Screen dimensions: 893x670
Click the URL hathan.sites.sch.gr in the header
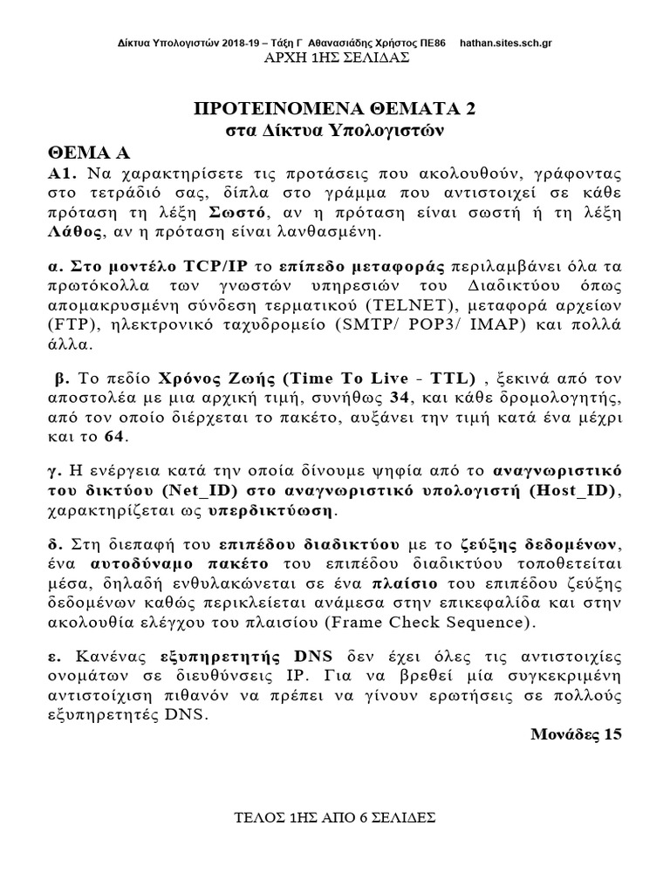coord(503,43)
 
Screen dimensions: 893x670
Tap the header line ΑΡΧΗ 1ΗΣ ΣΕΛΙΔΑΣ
coord(336,58)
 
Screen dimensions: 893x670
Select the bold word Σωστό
coord(238,214)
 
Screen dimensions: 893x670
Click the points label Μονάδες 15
coord(577,733)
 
